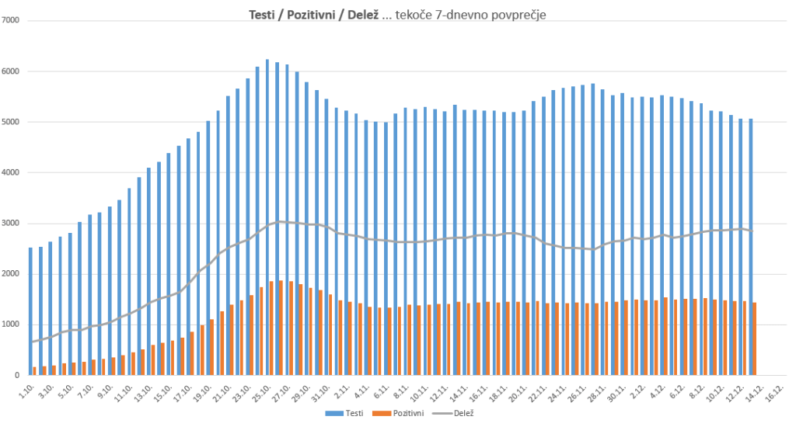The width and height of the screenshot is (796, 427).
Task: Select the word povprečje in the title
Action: coord(517,15)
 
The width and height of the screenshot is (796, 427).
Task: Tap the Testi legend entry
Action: coord(351,414)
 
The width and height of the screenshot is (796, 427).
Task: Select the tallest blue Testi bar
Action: coord(267,217)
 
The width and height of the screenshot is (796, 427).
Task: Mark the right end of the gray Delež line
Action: coord(750,231)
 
